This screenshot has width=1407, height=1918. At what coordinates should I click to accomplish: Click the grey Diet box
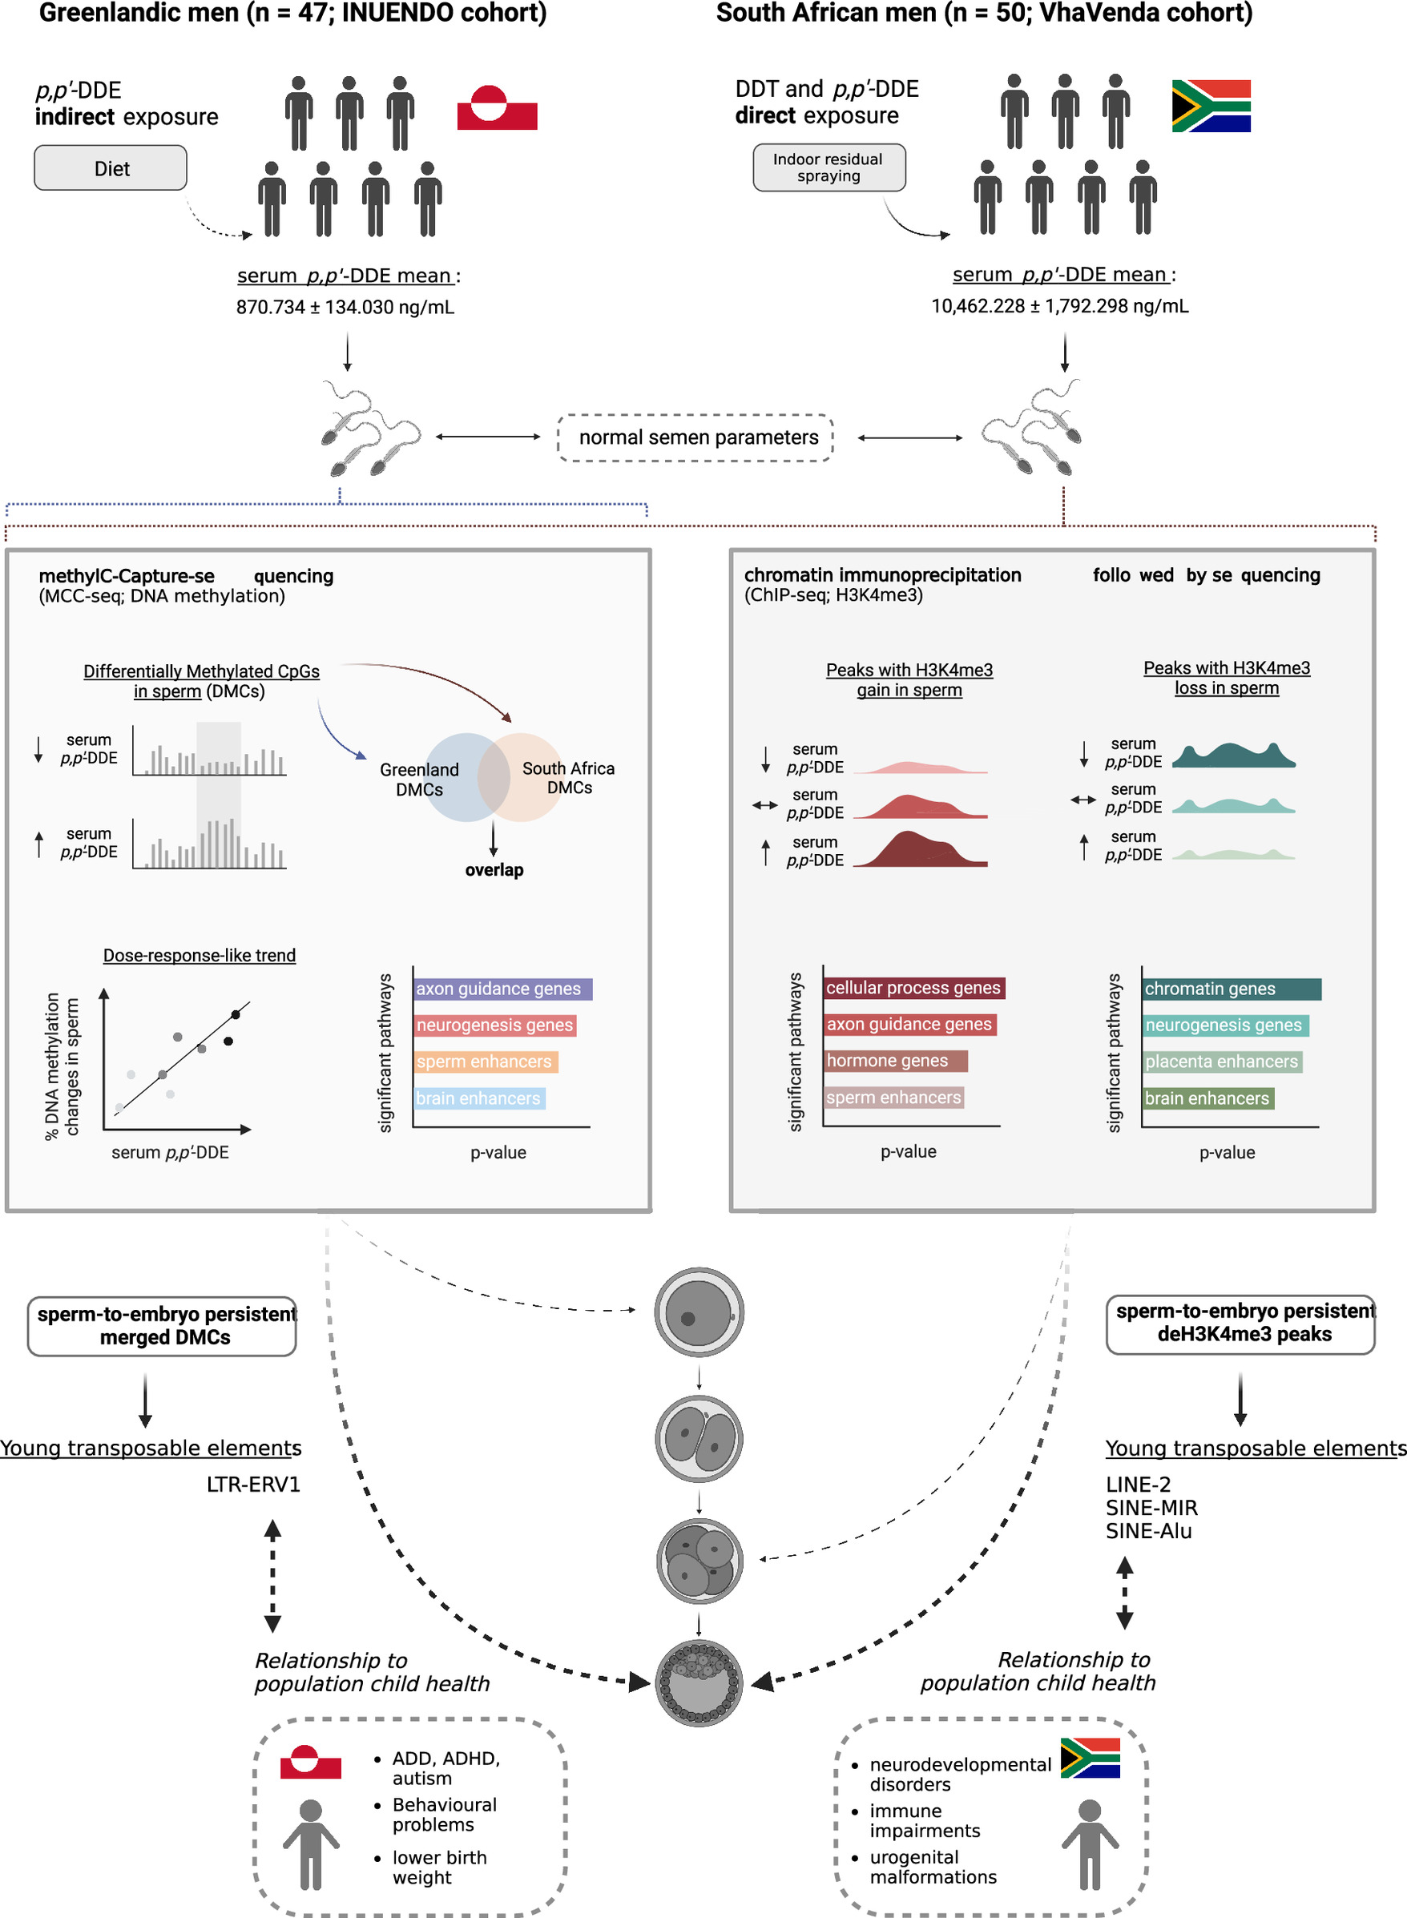(x=111, y=167)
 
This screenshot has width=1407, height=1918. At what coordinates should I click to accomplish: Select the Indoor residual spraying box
(x=828, y=167)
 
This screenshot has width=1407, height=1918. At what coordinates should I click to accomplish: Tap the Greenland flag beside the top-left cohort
(x=497, y=108)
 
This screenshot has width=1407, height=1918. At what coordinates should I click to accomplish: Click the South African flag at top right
(x=1210, y=107)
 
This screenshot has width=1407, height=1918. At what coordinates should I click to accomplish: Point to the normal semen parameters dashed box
(x=695, y=437)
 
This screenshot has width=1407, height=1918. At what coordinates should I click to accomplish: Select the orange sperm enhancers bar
(x=485, y=1062)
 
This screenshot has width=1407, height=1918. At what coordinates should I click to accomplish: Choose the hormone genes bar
(x=894, y=1062)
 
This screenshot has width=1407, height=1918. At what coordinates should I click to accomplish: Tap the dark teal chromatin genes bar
(x=1231, y=989)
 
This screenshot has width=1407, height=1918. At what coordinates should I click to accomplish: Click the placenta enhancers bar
(x=1221, y=1062)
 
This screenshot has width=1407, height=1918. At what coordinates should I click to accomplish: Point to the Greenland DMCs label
(x=419, y=780)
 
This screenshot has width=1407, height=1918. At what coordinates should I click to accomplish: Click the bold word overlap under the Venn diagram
(x=494, y=870)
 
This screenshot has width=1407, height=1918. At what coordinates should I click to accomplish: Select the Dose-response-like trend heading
(x=200, y=956)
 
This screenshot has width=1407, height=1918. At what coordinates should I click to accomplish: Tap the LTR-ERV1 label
(x=253, y=1485)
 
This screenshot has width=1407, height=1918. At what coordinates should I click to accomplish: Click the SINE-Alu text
(x=1148, y=1531)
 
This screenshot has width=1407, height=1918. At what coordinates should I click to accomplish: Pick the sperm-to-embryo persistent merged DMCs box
(x=162, y=1326)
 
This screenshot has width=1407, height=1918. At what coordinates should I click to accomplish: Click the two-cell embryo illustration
(x=699, y=1439)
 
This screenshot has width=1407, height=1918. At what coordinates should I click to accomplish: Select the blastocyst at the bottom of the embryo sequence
(x=699, y=1682)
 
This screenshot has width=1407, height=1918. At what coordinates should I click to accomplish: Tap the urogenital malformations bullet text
(x=933, y=1867)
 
